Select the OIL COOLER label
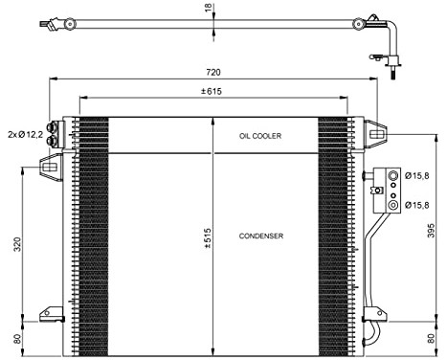pyautogui.click(x=261, y=136)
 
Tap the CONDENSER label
pyautogui.click(x=260, y=236)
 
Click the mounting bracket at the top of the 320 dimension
pyautogui.click(x=49, y=169)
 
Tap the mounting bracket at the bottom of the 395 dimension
pyautogui.click(x=376, y=312)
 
